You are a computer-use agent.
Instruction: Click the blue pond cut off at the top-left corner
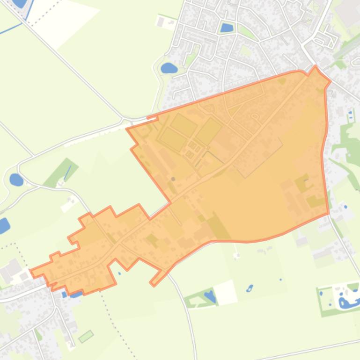20,3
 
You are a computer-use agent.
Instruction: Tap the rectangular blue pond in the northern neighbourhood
227,28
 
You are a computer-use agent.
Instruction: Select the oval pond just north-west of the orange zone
168,68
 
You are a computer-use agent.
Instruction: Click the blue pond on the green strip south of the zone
210,296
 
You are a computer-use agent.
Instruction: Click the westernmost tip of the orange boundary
31,270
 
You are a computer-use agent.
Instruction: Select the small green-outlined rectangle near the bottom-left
86,336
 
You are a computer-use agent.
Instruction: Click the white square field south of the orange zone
226,292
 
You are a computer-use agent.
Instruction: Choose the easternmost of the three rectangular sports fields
209,130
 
